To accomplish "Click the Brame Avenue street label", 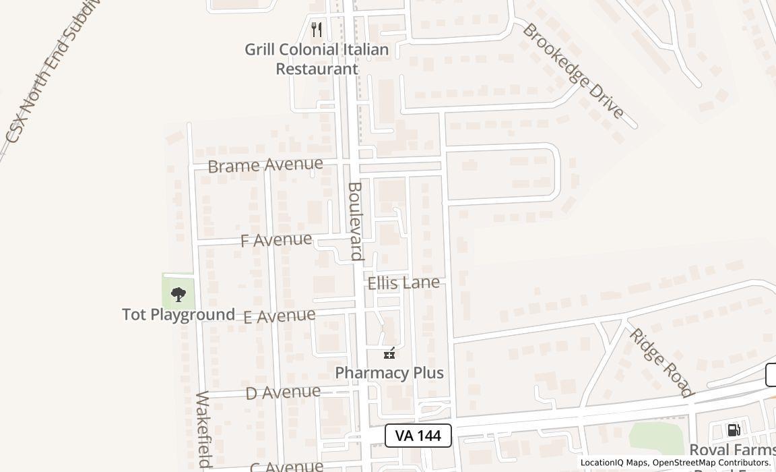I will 265,165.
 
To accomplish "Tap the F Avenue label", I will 276,239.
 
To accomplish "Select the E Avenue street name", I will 279,316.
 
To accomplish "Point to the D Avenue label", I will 283,392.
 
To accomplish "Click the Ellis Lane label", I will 403,283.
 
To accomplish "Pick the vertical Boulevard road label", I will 356,220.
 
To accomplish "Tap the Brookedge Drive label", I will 573,70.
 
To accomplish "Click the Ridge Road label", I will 661,362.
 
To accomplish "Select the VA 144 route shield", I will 418,436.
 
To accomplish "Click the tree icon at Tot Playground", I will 179,294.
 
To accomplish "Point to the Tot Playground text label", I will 179,314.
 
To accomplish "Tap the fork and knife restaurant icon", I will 317,30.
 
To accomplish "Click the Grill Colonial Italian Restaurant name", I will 317,59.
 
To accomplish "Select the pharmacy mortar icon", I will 389,353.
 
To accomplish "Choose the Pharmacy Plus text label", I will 389,372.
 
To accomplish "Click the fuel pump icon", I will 734,430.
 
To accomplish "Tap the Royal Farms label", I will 732,450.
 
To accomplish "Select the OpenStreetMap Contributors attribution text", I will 711,463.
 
